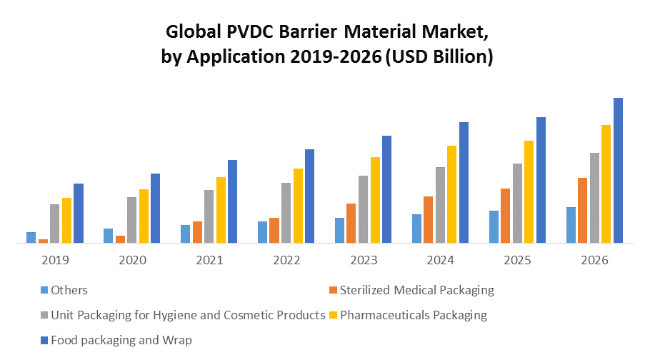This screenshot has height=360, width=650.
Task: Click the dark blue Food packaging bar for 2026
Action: tap(618, 171)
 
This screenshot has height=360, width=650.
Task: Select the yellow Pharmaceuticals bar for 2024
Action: tap(451, 194)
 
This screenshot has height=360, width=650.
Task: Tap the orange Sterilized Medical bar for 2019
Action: tap(43, 241)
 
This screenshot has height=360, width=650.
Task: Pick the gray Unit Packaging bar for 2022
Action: tap(286, 213)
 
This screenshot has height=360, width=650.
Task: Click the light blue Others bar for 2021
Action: tap(185, 234)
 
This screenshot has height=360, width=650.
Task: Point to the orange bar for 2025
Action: tap(506, 216)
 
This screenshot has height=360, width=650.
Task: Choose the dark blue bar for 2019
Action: tap(79, 214)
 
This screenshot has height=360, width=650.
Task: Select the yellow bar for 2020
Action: tap(144, 216)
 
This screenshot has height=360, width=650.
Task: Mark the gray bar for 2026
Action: tap(594, 198)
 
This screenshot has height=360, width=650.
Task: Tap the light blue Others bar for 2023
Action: tap(339, 231)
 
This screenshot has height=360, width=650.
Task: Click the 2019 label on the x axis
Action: tap(56, 260)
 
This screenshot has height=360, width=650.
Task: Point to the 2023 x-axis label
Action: tap(364, 260)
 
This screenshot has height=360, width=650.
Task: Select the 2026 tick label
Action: tap(595, 260)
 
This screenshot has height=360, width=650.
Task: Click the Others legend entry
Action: tap(69, 290)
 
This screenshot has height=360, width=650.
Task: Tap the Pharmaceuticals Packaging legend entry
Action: tap(414, 315)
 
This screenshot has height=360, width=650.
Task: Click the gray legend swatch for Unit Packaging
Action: tap(44, 315)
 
